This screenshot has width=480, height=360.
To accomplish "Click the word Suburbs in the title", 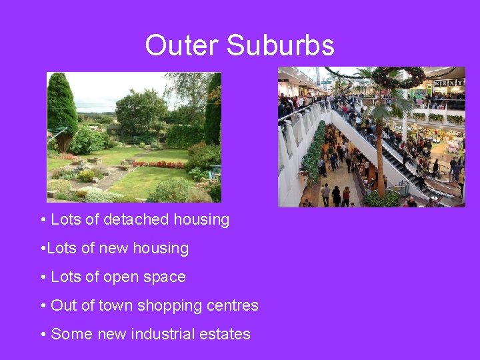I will coord(279,46).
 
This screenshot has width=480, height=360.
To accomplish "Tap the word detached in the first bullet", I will coord(134,219).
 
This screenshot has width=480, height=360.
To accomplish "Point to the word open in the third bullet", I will coord(119,277).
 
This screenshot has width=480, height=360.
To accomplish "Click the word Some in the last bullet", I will coord(70,334).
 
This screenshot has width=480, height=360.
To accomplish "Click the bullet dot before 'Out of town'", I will coord(43,306).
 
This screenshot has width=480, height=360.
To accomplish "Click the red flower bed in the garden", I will coord(159,164).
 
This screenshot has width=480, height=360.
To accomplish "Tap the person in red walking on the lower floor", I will coord(347,195).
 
